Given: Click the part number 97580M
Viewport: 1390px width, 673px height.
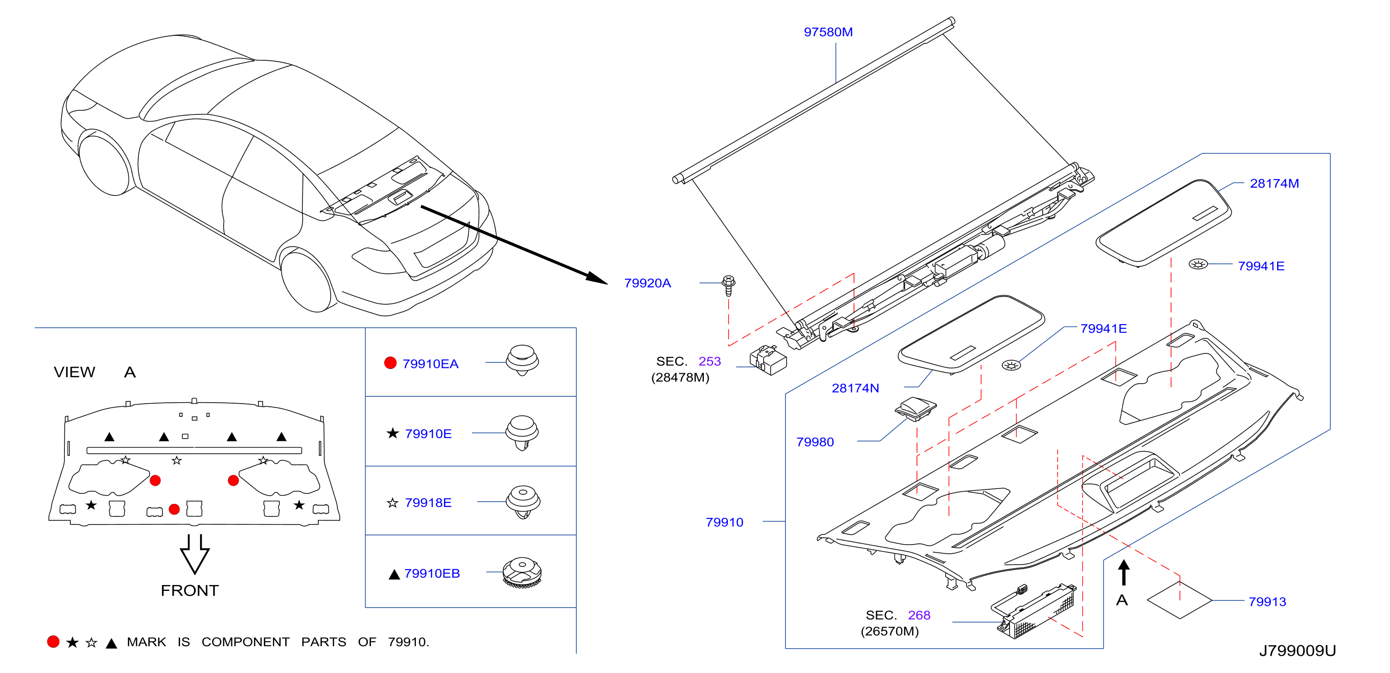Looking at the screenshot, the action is tap(828, 32).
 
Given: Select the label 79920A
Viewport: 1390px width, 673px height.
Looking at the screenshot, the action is tap(647, 283).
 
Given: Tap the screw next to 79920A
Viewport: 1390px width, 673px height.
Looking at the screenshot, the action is tap(728, 286).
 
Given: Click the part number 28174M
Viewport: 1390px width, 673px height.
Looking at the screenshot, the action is tap(1274, 184).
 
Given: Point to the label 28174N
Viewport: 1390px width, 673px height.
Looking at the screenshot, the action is tap(855, 388).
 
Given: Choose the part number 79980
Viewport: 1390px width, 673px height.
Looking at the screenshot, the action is tap(815, 442).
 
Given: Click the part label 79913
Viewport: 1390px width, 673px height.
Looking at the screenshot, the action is tap(1267, 602).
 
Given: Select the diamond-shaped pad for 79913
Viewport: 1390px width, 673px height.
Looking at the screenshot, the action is tap(1180, 600).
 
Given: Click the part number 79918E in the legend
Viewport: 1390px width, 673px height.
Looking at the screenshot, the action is tap(428, 503).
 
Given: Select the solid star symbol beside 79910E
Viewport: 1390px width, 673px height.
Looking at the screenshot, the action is tap(392, 434).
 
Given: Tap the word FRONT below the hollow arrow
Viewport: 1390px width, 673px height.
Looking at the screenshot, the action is tap(190, 590).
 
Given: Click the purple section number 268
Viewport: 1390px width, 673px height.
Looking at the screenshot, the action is tap(919, 615).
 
